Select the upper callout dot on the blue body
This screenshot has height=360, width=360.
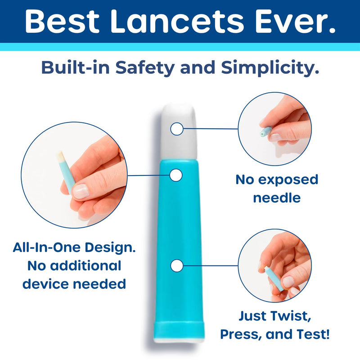[175, 175]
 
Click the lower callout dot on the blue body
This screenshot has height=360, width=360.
[177, 266]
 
